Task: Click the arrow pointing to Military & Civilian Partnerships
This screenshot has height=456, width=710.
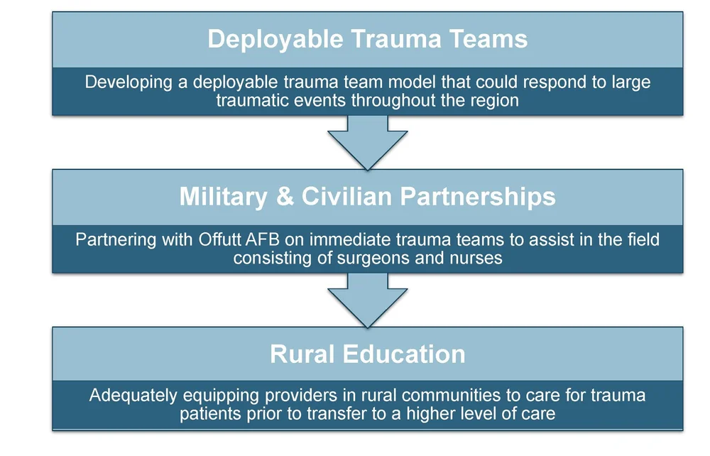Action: pyautogui.click(x=367, y=142)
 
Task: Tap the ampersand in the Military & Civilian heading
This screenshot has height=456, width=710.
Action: pyautogui.click(x=284, y=197)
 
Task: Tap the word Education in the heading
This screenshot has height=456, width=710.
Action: pyautogui.click(x=398, y=354)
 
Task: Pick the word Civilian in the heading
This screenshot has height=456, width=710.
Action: pyautogui.click(x=344, y=197)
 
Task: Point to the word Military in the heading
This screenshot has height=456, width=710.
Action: pyautogui.click(x=224, y=197)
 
